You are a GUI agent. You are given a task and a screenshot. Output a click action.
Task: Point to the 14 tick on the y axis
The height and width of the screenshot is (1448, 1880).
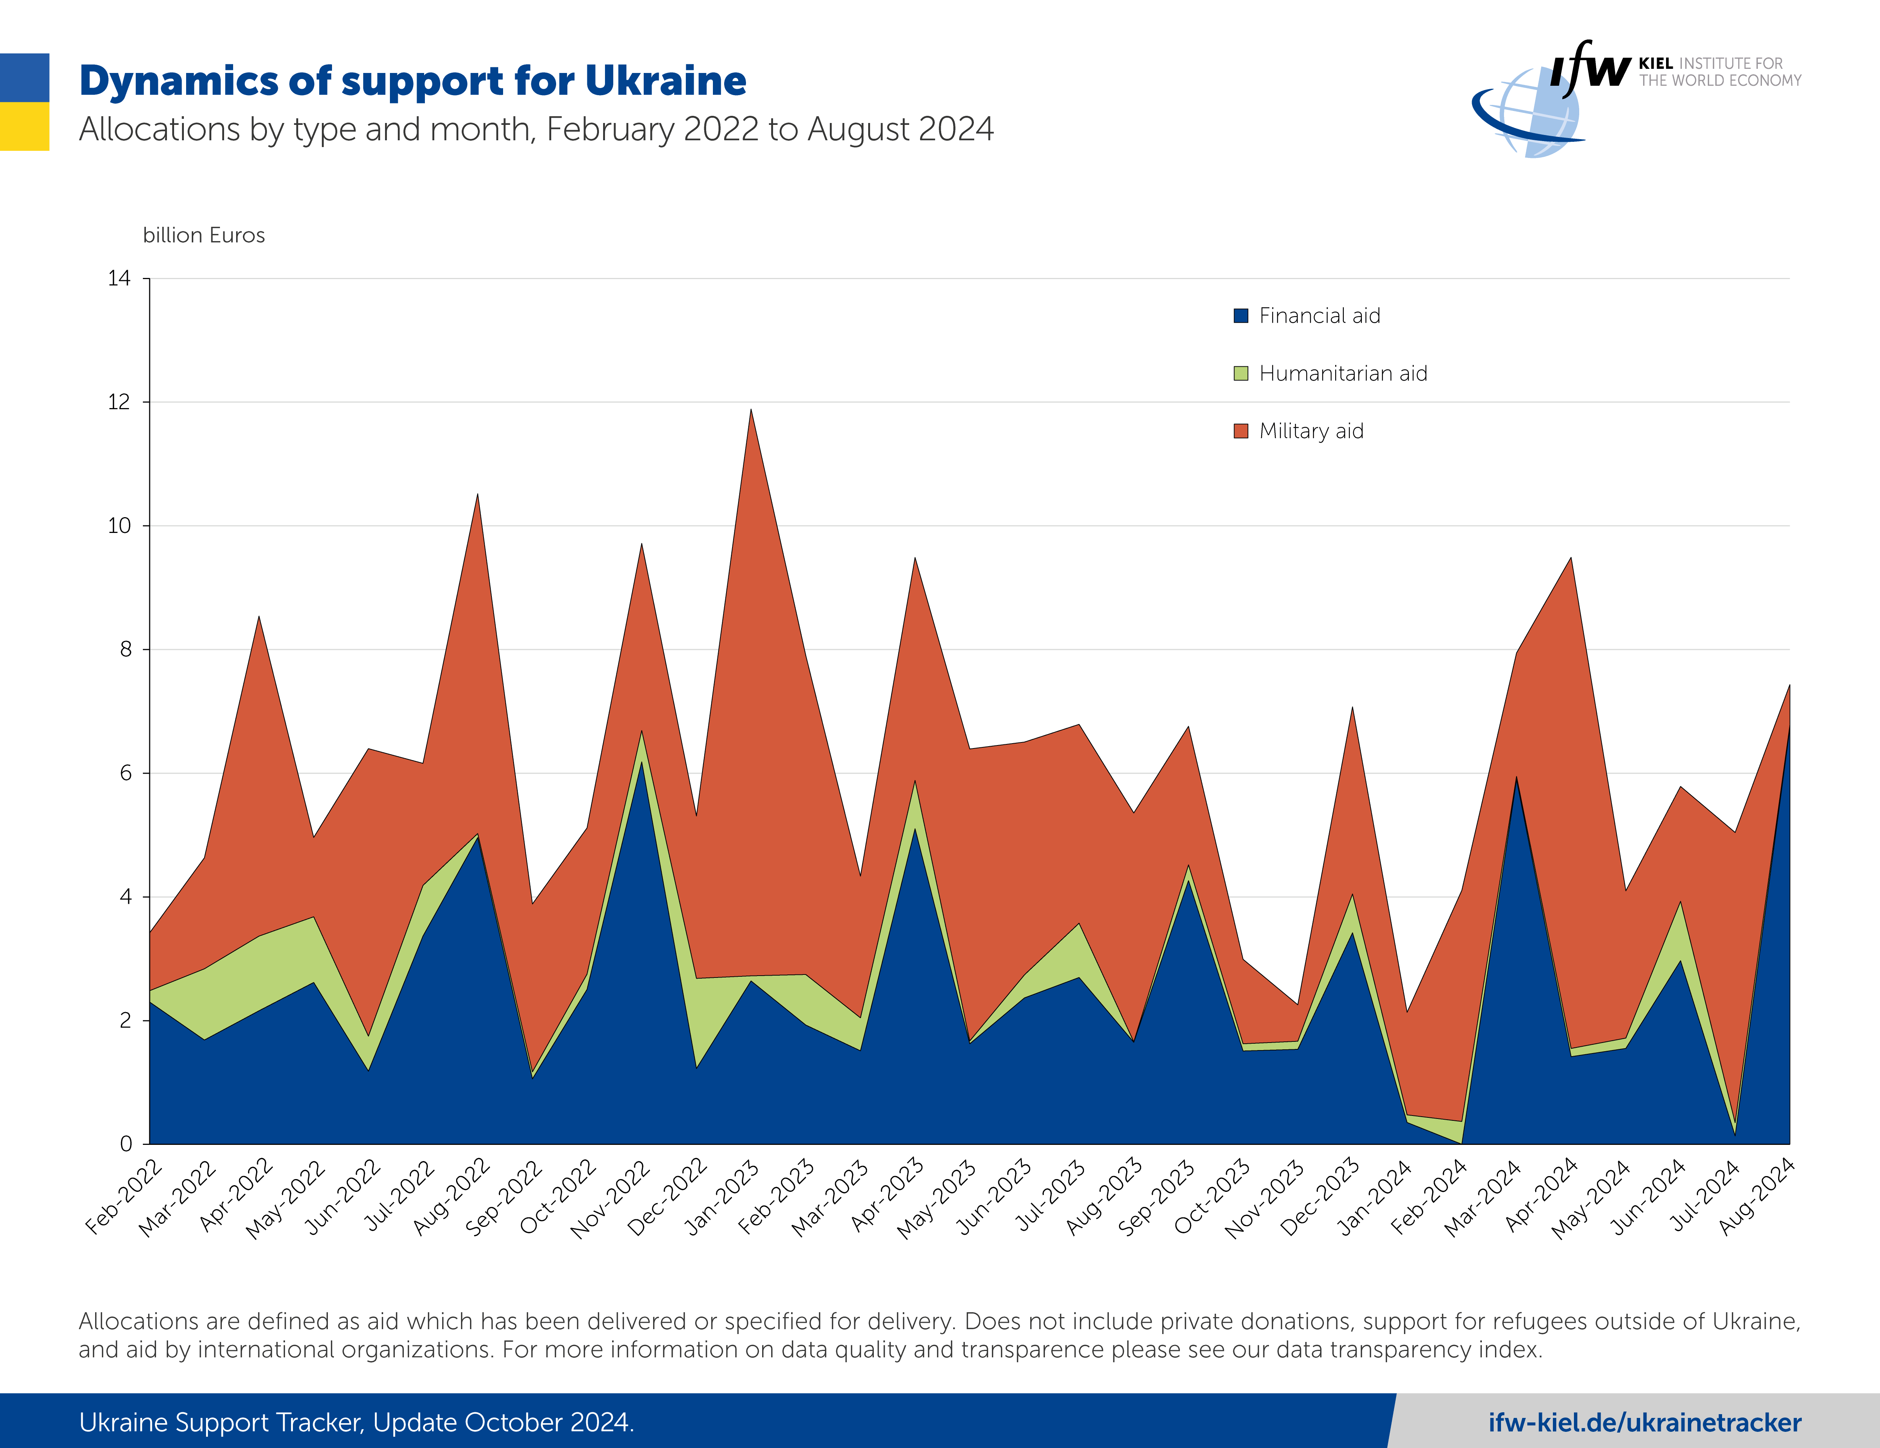point(120,278)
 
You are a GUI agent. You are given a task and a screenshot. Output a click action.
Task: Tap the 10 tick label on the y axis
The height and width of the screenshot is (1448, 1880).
point(120,526)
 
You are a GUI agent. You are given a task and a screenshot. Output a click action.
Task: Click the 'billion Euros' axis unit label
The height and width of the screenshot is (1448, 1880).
point(204,235)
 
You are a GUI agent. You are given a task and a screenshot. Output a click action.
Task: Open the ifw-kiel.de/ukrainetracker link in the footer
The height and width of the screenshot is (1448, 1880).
point(1644,1422)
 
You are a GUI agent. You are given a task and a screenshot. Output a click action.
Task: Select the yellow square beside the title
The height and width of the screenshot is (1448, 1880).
point(24,126)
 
